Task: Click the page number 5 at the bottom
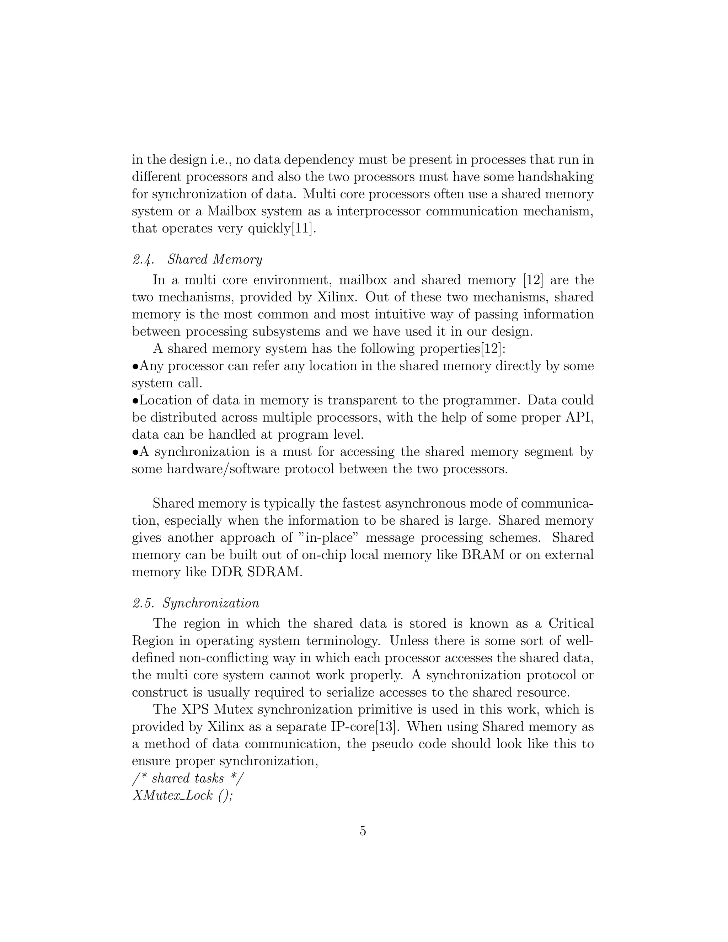363,830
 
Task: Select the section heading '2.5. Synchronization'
196,603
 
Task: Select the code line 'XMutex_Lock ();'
182,795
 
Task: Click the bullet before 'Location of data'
135,401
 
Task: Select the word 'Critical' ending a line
571,624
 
